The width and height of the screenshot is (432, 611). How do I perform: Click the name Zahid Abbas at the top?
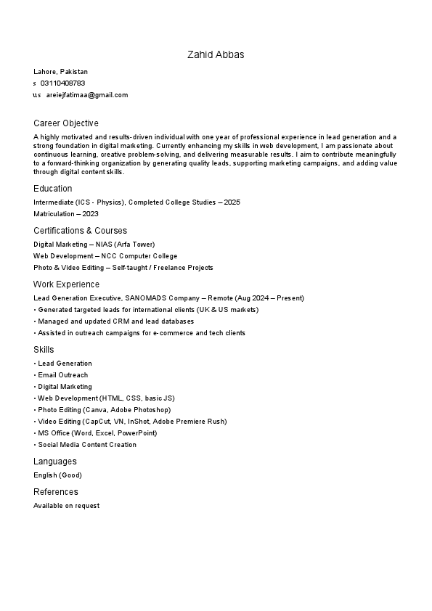click(216, 55)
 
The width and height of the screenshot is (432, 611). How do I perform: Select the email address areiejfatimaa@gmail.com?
click(86, 95)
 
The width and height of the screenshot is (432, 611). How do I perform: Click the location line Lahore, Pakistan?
click(60, 72)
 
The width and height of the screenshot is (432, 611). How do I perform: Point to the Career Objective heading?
click(66, 123)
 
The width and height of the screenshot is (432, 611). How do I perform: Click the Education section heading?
click(53, 189)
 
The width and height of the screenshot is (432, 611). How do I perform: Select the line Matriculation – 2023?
click(66, 214)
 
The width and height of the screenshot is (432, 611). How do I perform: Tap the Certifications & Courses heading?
click(80, 231)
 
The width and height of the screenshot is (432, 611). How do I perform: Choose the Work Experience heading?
click(66, 284)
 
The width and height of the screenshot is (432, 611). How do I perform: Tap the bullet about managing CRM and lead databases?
click(115, 321)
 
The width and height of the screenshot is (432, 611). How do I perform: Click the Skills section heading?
click(44, 350)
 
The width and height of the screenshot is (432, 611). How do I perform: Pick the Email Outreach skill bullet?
click(62, 375)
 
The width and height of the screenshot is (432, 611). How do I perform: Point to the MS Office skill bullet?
click(96, 433)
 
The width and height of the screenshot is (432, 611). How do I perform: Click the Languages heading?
click(55, 462)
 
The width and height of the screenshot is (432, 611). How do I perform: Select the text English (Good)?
click(57, 475)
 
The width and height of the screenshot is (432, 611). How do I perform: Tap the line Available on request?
click(66, 506)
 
